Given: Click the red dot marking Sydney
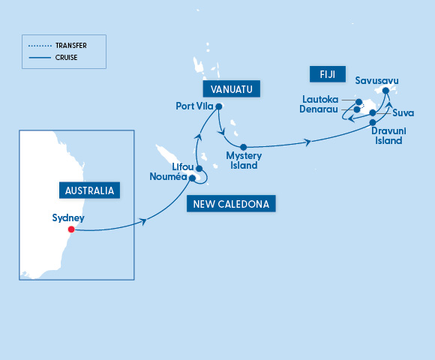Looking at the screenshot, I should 72,229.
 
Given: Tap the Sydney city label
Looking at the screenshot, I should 68,218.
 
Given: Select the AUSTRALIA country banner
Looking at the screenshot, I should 90,190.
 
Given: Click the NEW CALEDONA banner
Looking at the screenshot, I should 232,203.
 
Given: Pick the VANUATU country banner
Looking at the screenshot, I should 231,89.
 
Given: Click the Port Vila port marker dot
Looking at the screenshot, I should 219,106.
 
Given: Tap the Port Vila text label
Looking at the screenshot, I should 195,106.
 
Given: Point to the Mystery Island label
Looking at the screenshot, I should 242,160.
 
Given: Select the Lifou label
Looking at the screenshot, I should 183,166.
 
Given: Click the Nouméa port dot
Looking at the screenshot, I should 193,178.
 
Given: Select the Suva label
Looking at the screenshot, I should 403,114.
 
